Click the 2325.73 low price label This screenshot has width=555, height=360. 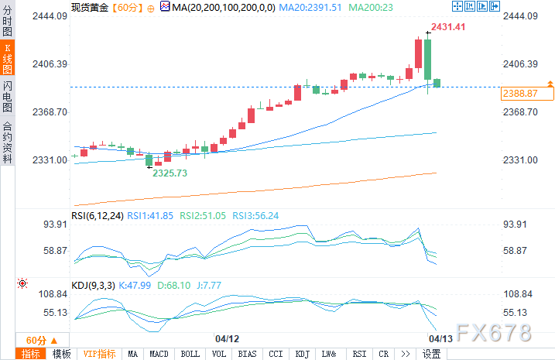point(170,173)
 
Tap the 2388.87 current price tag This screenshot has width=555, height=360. point(519,93)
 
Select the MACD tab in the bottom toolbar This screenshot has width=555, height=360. point(159,354)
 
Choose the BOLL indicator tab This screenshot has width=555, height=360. point(190,354)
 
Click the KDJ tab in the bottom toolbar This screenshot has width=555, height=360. point(302,354)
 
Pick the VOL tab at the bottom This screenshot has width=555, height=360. point(219,354)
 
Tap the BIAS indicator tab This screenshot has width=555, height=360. point(247,354)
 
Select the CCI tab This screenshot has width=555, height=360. point(276,354)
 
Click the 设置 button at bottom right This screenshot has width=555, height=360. point(432,354)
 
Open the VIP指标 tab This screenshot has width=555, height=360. point(99,354)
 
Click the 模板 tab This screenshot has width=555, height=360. point(61,354)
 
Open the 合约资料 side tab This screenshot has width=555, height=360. point(7,142)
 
